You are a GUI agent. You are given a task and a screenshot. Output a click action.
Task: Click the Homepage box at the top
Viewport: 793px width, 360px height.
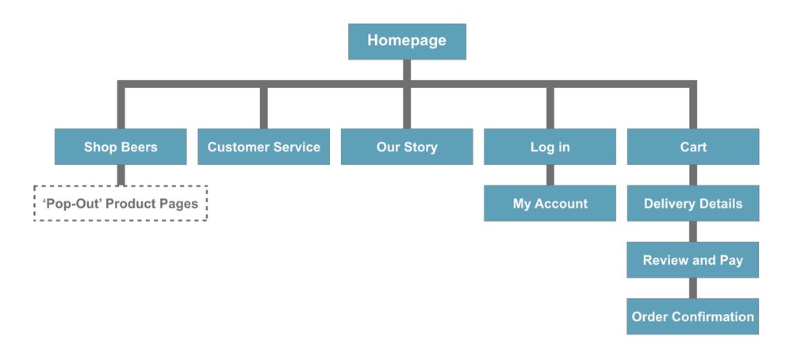point(407,41)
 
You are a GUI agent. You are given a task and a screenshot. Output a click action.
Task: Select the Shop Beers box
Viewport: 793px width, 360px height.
point(121,147)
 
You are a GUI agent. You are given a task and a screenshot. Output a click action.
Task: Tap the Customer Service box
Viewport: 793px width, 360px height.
point(263,147)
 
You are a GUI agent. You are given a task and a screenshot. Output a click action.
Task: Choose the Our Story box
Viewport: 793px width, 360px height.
point(407,147)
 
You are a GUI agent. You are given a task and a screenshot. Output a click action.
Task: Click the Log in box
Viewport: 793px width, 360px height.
point(550,147)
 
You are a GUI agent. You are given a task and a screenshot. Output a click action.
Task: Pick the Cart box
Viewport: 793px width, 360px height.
point(692,147)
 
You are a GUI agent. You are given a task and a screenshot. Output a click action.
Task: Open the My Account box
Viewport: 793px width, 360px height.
point(550,204)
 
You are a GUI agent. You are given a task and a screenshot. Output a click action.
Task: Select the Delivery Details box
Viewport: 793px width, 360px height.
point(692,204)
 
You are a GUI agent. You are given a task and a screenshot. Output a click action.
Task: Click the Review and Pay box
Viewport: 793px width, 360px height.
point(692,260)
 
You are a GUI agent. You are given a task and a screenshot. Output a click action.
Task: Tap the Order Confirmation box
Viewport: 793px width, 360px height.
point(692,316)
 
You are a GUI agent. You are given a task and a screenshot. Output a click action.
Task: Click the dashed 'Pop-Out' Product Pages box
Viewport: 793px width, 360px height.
point(121,204)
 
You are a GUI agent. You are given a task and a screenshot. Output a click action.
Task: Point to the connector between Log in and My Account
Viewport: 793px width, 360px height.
point(550,175)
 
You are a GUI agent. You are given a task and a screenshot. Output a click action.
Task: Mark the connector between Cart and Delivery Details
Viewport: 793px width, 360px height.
point(692,175)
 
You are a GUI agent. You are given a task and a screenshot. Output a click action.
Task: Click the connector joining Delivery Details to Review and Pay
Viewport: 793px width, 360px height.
point(692,232)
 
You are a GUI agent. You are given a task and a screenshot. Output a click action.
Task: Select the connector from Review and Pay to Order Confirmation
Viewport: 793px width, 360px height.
point(692,289)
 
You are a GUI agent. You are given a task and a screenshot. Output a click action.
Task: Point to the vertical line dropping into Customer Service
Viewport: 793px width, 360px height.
point(263,108)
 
